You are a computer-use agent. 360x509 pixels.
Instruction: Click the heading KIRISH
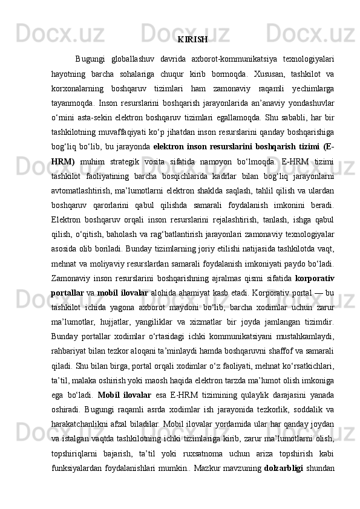tap(193, 40)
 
